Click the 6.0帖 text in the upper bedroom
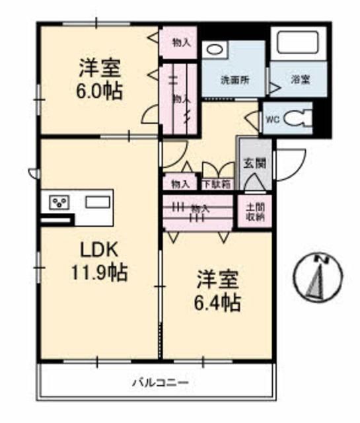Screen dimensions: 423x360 pyautogui.click(x=98, y=91)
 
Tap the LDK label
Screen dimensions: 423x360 pyautogui.click(x=99, y=250)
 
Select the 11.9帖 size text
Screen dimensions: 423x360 pyautogui.click(x=99, y=272)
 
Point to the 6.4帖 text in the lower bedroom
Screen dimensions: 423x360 pyautogui.click(x=217, y=303)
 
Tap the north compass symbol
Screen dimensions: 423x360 pyautogui.click(x=321, y=276)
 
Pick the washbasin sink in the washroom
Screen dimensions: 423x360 pyautogui.click(x=215, y=49)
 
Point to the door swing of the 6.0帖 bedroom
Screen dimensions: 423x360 pyautogui.click(x=150, y=117)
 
